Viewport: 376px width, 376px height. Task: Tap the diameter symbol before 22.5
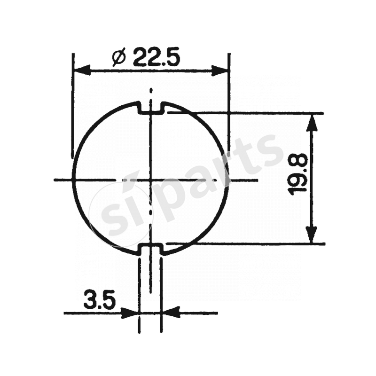pyautogui.click(x=119, y=58)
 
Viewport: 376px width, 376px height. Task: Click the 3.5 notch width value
pyautogui.click(x=100, y=300)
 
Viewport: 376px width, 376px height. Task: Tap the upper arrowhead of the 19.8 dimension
pyautogui.click(x=312, y=122)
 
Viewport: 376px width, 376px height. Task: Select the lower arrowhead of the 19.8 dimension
pyautogui.click(x=312, y=235)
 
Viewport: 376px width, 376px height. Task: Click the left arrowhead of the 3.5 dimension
pyautogui.click(x=130, y=313)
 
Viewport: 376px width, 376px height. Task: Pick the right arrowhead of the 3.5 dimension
pyautogui.click(x=171, y=313)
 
